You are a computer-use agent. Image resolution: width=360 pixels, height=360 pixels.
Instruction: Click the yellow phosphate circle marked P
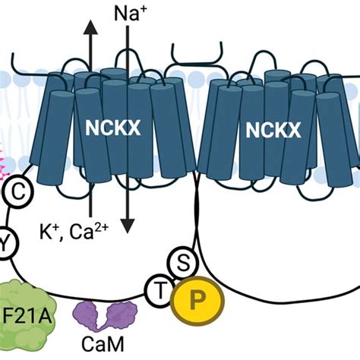point(199,297)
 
